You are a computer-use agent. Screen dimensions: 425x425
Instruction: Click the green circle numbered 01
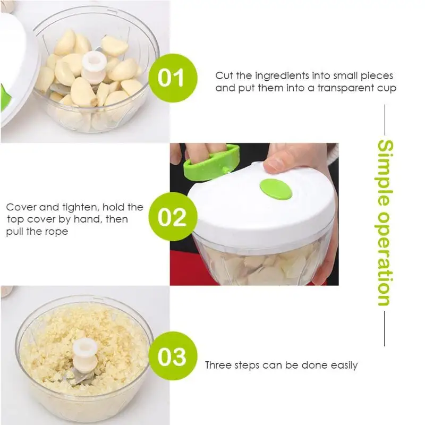173,78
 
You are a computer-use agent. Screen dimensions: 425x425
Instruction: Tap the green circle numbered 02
173,217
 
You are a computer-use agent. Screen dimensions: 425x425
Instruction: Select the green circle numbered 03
173,356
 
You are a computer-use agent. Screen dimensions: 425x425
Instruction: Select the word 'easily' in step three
344,365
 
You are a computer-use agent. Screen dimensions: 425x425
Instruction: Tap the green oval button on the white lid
276,189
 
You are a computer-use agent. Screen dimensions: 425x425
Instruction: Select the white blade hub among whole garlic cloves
94,67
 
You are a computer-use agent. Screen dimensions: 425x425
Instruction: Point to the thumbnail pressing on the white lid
273,165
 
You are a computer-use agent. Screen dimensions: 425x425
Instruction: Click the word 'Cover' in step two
21,207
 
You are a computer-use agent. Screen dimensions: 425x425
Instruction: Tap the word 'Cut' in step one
224,75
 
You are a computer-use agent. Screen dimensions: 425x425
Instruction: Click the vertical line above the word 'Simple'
385,120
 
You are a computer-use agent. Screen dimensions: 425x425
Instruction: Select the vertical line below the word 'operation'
385,328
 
